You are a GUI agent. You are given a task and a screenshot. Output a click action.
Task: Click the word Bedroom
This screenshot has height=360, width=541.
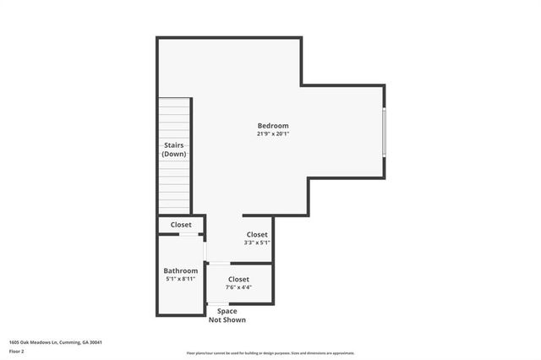(x=273, y=126)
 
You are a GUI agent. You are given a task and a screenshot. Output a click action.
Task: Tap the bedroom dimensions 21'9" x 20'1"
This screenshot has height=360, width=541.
(x=273, y=134)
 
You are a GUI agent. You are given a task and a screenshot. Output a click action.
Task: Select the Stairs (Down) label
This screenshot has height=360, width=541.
(x=174, y=150)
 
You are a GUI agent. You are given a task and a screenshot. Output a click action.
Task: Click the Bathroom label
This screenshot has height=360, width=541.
(x=181, y=270)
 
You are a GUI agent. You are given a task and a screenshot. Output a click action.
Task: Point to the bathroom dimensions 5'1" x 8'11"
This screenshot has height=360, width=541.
(x=181, y=279)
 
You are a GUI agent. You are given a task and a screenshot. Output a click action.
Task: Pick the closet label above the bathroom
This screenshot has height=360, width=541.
(x=181, y=225)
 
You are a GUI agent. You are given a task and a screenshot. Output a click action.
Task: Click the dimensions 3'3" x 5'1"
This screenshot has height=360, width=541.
(x=257, y=243)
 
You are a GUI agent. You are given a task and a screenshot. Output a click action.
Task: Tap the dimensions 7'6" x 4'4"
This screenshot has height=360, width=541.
(x=238, y=287)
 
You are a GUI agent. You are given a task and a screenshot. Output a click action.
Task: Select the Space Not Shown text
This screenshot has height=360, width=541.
(x=227, y=316)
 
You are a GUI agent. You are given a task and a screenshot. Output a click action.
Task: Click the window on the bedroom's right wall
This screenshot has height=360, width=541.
(x=384, y=132)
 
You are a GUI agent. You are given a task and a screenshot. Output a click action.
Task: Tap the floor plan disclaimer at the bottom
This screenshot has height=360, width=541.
(x=270, y=353)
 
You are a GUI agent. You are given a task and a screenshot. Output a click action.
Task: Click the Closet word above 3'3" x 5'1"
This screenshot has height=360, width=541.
(x=257, y=234)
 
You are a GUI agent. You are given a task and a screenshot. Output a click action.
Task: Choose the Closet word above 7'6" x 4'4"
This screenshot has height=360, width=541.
(x=238, y=279)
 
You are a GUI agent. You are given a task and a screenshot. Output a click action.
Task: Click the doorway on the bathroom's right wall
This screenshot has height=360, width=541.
(x=205, y=251)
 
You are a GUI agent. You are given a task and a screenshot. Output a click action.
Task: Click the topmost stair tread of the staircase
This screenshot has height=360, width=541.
(x=174, y=101)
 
